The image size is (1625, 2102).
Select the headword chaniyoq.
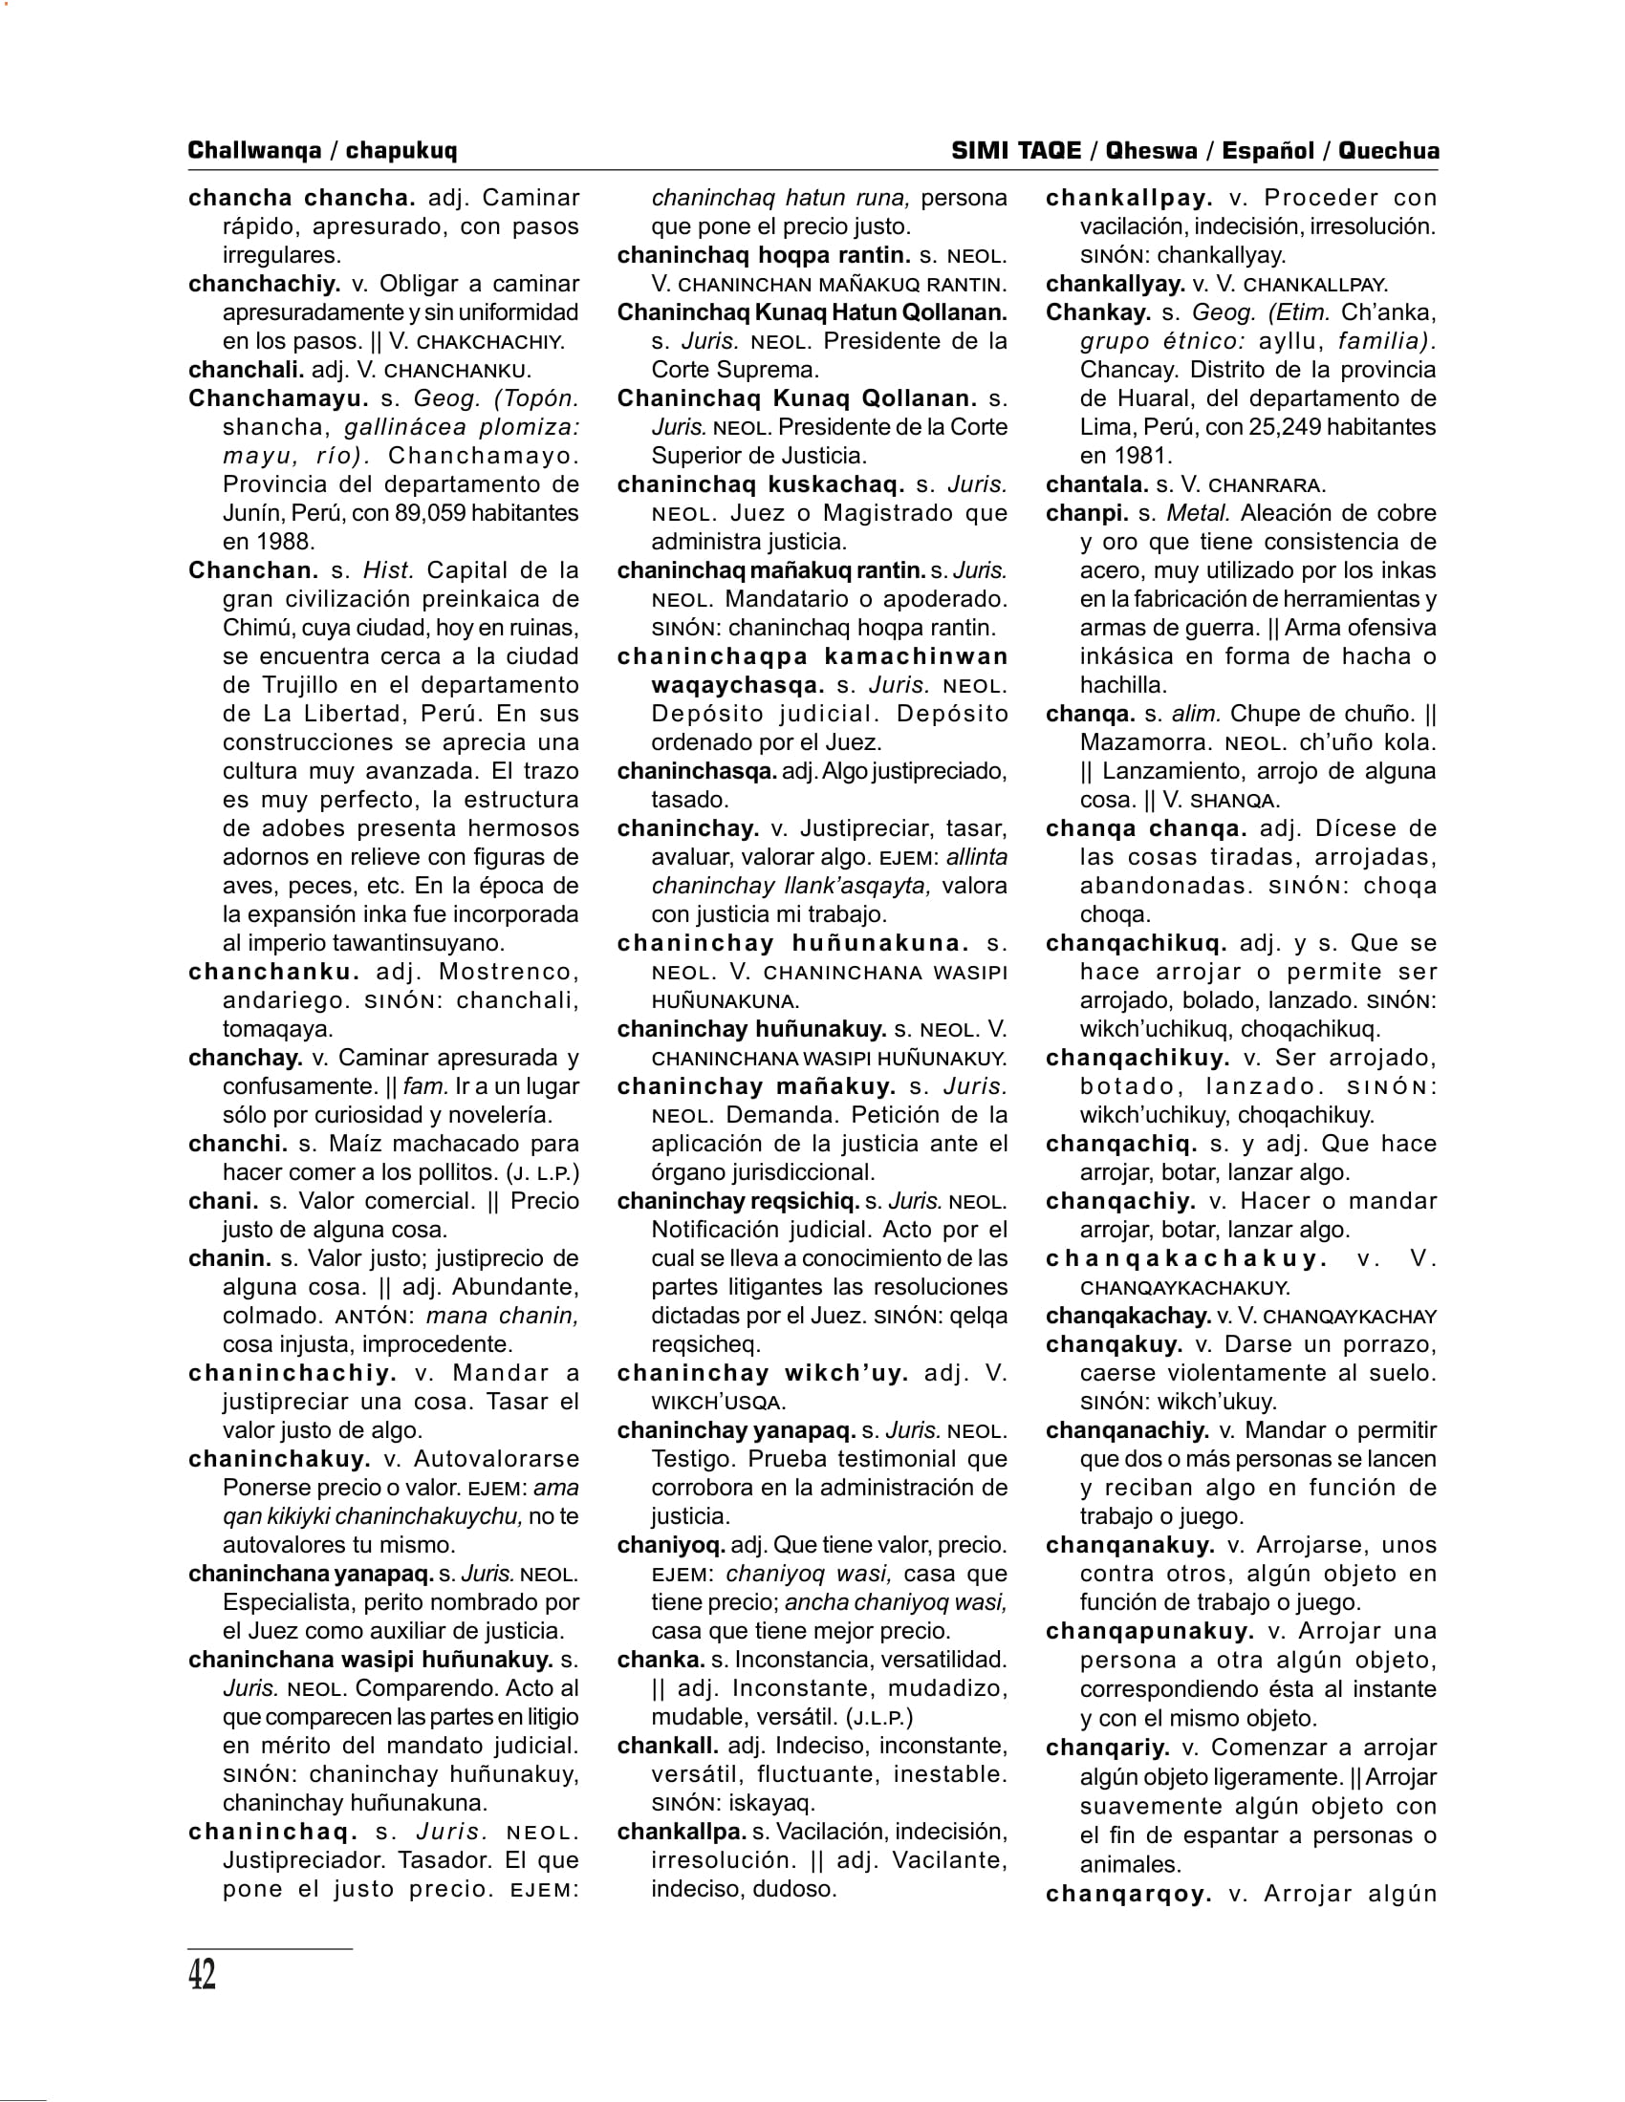click(x=670, y=1546)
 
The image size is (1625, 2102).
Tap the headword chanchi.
click(x=238, y=1145)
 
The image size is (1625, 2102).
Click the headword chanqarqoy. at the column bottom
click(x=1128, y=1894)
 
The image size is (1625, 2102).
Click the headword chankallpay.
click(x=1128, y=199)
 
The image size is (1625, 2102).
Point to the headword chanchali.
click(x=246, y=370)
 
